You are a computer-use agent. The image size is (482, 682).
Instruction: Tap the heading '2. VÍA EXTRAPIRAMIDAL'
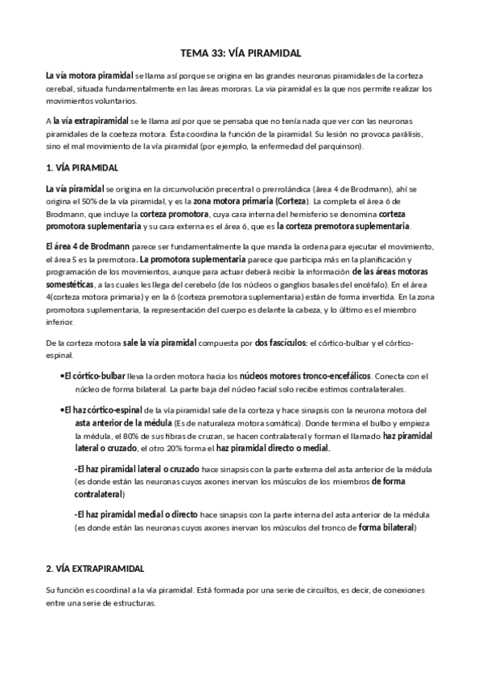[95, 568]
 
